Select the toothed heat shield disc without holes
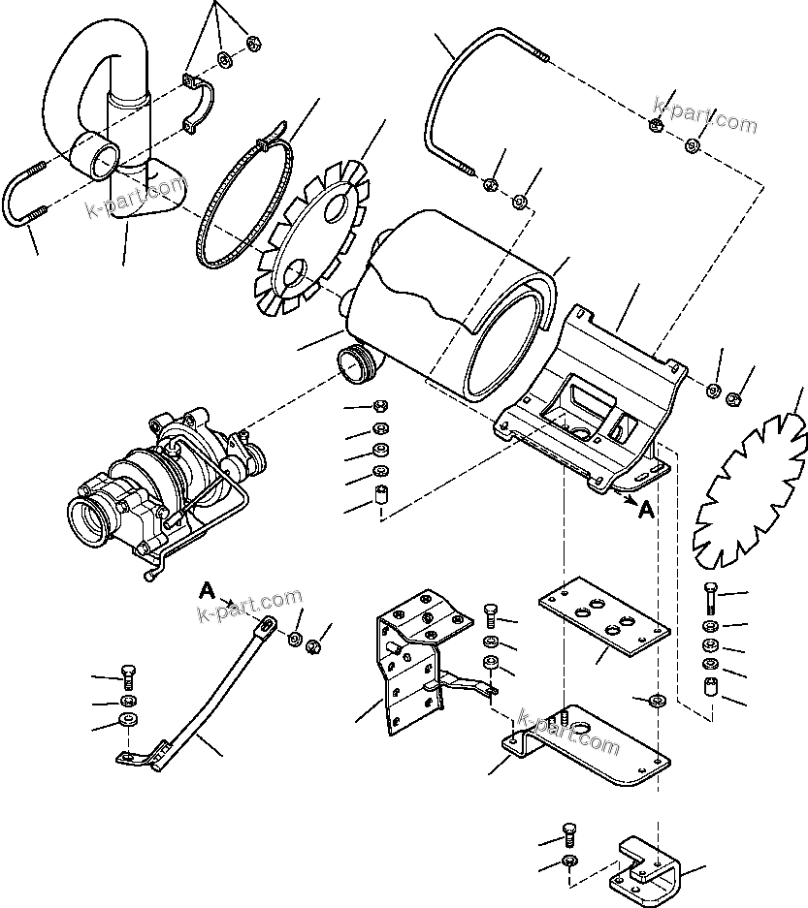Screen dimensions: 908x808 [x=752, y=494]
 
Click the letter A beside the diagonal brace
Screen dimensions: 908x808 [x=206, y=589]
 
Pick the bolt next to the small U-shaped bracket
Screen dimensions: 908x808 [x=569, y=832]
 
